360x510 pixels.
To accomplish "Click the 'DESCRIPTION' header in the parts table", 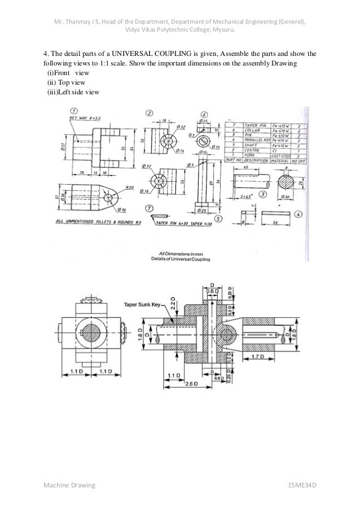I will [x=254, y=160].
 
